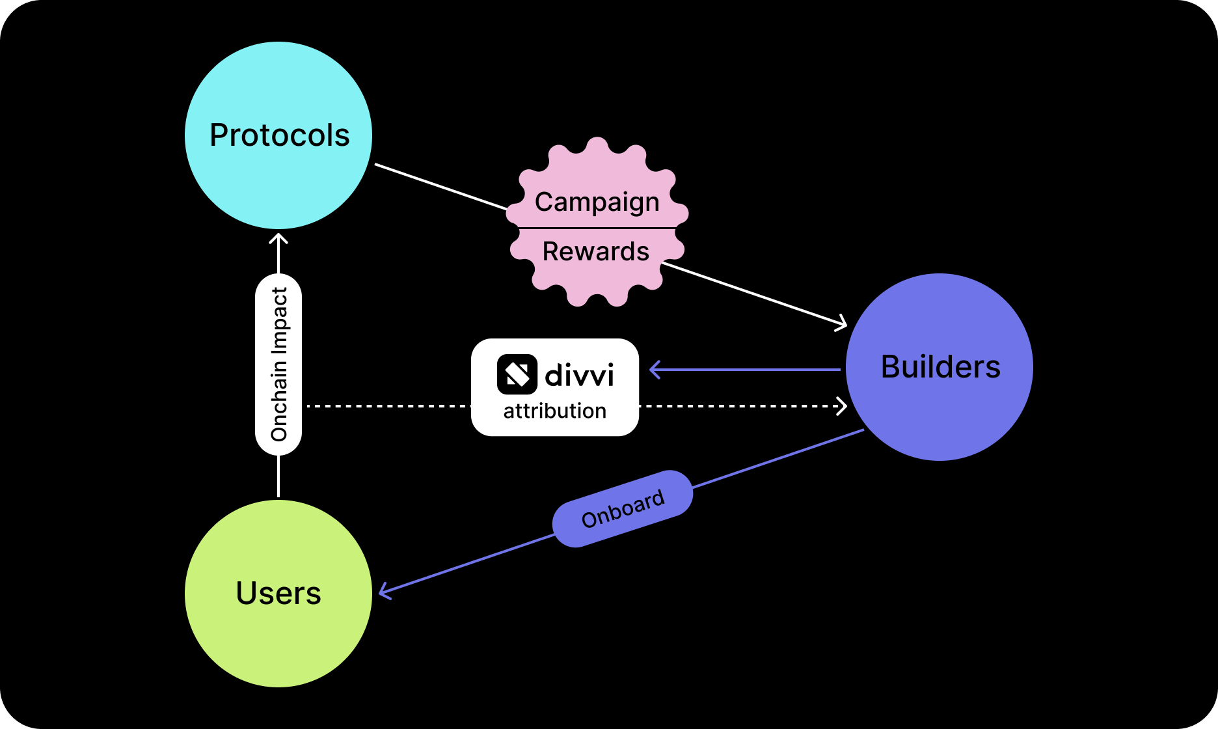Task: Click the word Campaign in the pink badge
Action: (x=597, y=202)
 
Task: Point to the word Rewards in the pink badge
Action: (x=595, y=252)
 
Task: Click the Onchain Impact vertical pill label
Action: (x=278, y=364)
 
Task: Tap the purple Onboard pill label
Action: (x=623, y=509)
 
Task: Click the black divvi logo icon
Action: (x=517, y=374)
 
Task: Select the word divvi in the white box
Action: (x=579, y=376)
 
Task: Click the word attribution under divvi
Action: (x=554, y=411)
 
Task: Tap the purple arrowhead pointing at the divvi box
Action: (x=654, y=370)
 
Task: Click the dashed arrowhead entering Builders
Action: (x=843, y=406)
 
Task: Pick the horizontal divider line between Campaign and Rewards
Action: (x=597, y=228)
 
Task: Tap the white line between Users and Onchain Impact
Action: (x=278, y=476)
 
